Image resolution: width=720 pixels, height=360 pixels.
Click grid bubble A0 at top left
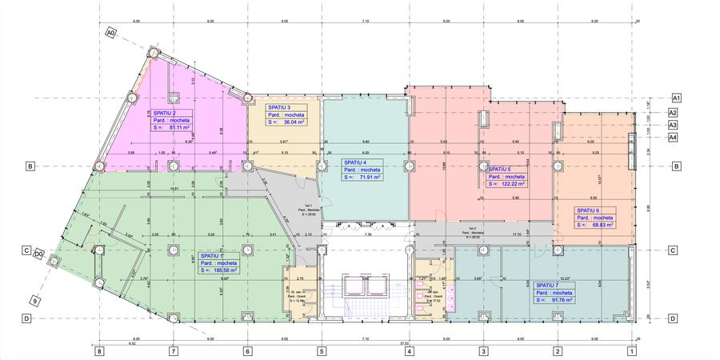pyautogui.click(x=111, y=33)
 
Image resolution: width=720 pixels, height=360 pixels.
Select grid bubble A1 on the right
pyautogui.click(x=675, y=98)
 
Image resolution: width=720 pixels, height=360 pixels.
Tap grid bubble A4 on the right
pyautogui.click(x=674, y=137)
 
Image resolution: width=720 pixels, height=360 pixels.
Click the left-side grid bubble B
pyautogui.click(x=30, y=166)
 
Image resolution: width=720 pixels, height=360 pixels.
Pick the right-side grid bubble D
pyautogui.click(x=675, y=318)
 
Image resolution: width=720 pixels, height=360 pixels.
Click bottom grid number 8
pyautogui.click(x=99, y=350)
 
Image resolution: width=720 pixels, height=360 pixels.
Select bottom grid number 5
pyautogui.click(x=322, y=350)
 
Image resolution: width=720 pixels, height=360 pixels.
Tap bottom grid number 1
pyautogui.click(x=631, y=350)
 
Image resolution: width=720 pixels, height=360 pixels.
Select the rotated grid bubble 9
pyautogui.click(x=35, y=301)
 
